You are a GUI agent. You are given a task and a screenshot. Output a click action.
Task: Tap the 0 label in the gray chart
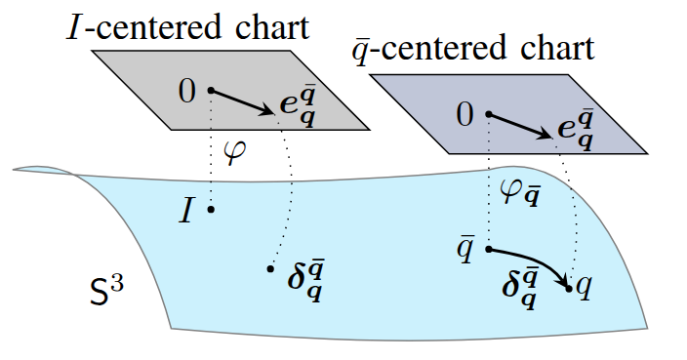(186, 93)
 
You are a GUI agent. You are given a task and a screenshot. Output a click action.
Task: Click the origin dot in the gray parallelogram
(210, 91)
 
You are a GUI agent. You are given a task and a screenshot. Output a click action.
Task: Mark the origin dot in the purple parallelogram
(488, 114)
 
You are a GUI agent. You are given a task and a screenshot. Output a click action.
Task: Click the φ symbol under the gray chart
(235, 154)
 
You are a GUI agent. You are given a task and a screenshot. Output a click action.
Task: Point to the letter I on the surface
(186, 211)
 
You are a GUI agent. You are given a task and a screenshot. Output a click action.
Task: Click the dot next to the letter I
(210, 210)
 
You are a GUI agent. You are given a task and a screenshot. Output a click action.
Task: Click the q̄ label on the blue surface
(466, 248)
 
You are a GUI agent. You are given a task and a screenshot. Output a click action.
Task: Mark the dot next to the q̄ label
(488, 249)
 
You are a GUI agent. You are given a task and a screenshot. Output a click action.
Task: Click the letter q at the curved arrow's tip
(584, 288)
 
